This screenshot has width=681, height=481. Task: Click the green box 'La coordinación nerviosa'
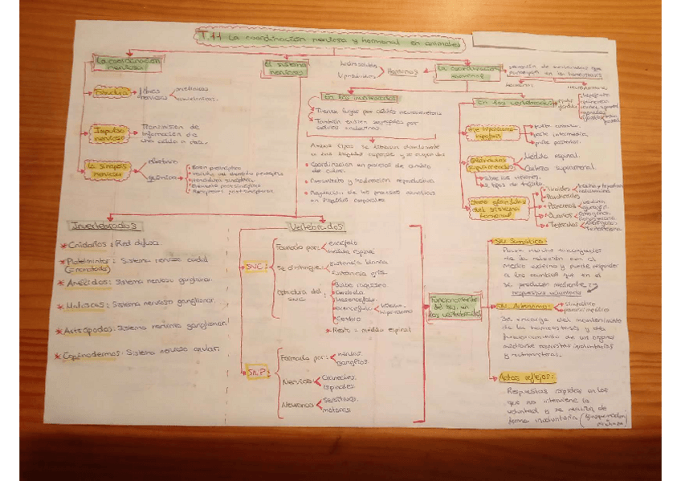coord(127,63)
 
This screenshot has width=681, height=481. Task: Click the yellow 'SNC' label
coord(254,265)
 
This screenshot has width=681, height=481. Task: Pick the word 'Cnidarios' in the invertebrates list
coord(89,243)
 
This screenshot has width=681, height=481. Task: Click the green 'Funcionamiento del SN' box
coord(455,305)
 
